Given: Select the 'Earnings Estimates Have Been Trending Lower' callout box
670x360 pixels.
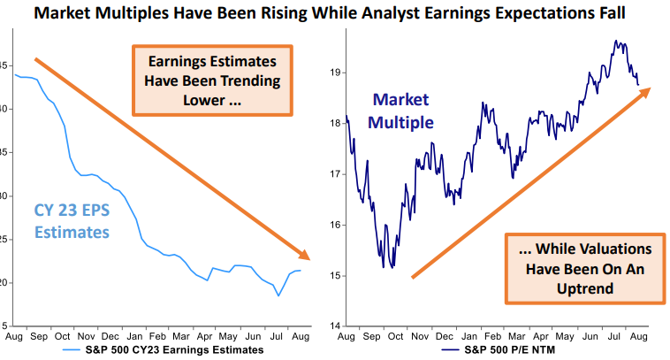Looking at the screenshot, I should pos(213,80).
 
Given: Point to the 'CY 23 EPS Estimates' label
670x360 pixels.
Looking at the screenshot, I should pos(72,221).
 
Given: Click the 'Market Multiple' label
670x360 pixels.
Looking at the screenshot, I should pos(403,111).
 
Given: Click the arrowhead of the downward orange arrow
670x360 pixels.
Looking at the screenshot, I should pos(307,257).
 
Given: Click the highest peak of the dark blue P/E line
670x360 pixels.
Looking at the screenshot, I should pos(614,40).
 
